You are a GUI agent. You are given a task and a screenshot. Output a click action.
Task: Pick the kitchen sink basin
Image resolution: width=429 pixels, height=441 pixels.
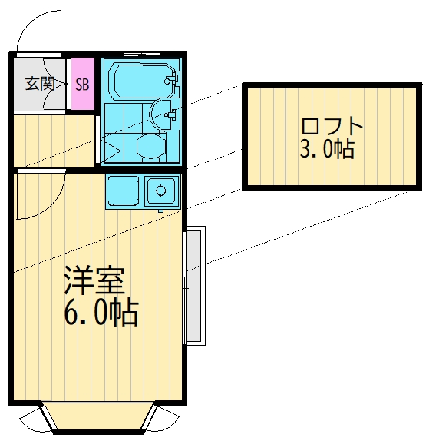pos(162,188)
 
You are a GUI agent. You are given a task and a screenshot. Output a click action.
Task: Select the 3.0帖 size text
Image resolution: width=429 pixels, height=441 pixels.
pos(327,149)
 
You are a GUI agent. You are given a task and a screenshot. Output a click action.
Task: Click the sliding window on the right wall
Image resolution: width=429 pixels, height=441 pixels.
pos(195,285)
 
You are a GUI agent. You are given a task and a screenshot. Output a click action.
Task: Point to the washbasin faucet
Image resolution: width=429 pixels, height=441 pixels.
pos(171,116)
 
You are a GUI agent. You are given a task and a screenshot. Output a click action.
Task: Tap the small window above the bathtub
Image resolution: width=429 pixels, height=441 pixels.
pos(143,54)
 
